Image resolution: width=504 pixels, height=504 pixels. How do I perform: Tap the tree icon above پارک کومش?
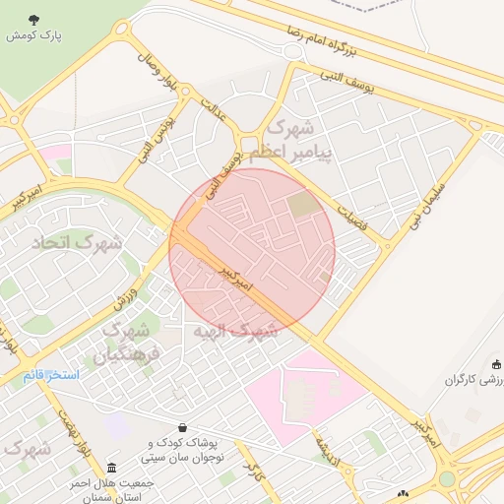pos(34,20)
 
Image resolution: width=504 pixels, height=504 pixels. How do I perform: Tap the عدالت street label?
pos(214,110)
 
